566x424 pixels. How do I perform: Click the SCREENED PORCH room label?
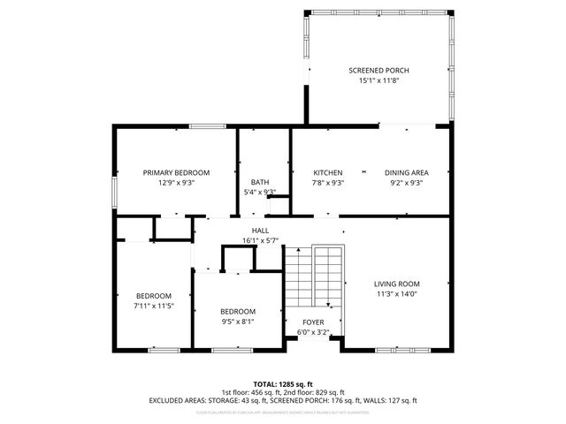[379, 71]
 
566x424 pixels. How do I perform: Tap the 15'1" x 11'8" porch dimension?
[379, 80]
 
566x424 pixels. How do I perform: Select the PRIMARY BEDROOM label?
[176, 172]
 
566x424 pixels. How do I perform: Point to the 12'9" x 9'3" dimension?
[176, 183]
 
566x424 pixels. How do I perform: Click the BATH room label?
[259, 182]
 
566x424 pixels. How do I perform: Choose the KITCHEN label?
[328, 172]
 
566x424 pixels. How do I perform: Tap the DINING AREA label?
[406, 172]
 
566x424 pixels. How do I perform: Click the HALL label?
[260, 231]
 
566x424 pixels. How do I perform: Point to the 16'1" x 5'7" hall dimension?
[260, 240]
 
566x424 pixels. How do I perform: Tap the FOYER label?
[313, 322]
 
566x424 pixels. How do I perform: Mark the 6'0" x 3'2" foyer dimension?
[313, 333]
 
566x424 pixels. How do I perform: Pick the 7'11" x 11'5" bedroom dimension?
[153, 306]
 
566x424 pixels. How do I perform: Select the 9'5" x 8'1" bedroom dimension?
[238, 322]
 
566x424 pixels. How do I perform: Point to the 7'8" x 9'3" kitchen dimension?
[328, 183]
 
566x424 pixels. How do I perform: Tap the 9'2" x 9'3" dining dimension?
[406, 183]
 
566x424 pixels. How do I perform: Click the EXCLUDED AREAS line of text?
[283, 400]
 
